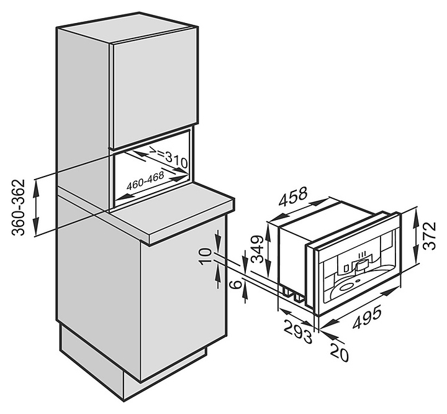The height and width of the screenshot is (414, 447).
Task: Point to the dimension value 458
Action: coord(291,195)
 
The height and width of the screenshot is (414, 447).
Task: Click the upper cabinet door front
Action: coord(152,93)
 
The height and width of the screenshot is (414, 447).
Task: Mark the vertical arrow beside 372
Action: coord(415,237)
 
